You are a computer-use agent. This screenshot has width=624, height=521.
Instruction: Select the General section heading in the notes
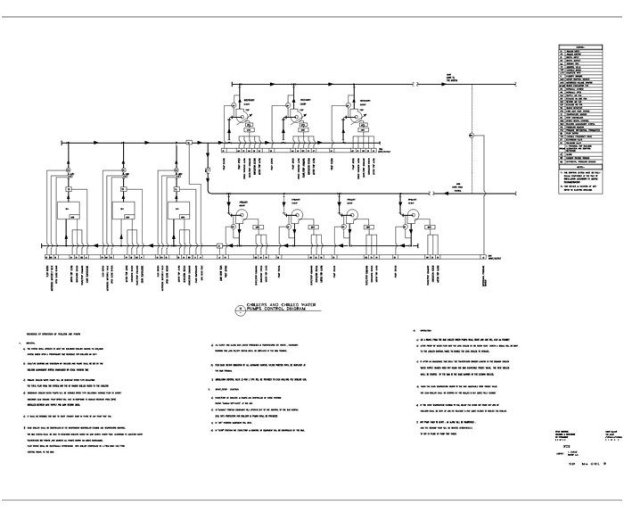tap(43, 342)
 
